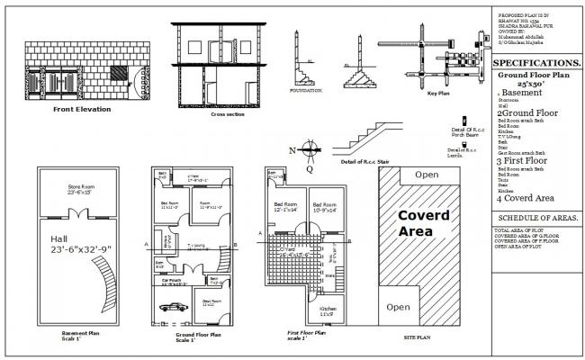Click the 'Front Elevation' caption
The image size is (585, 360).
point(81,109)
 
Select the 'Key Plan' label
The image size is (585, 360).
point(438,94)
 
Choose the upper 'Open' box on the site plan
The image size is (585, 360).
point(427,174)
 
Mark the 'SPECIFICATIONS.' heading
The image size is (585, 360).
point(535,62)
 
